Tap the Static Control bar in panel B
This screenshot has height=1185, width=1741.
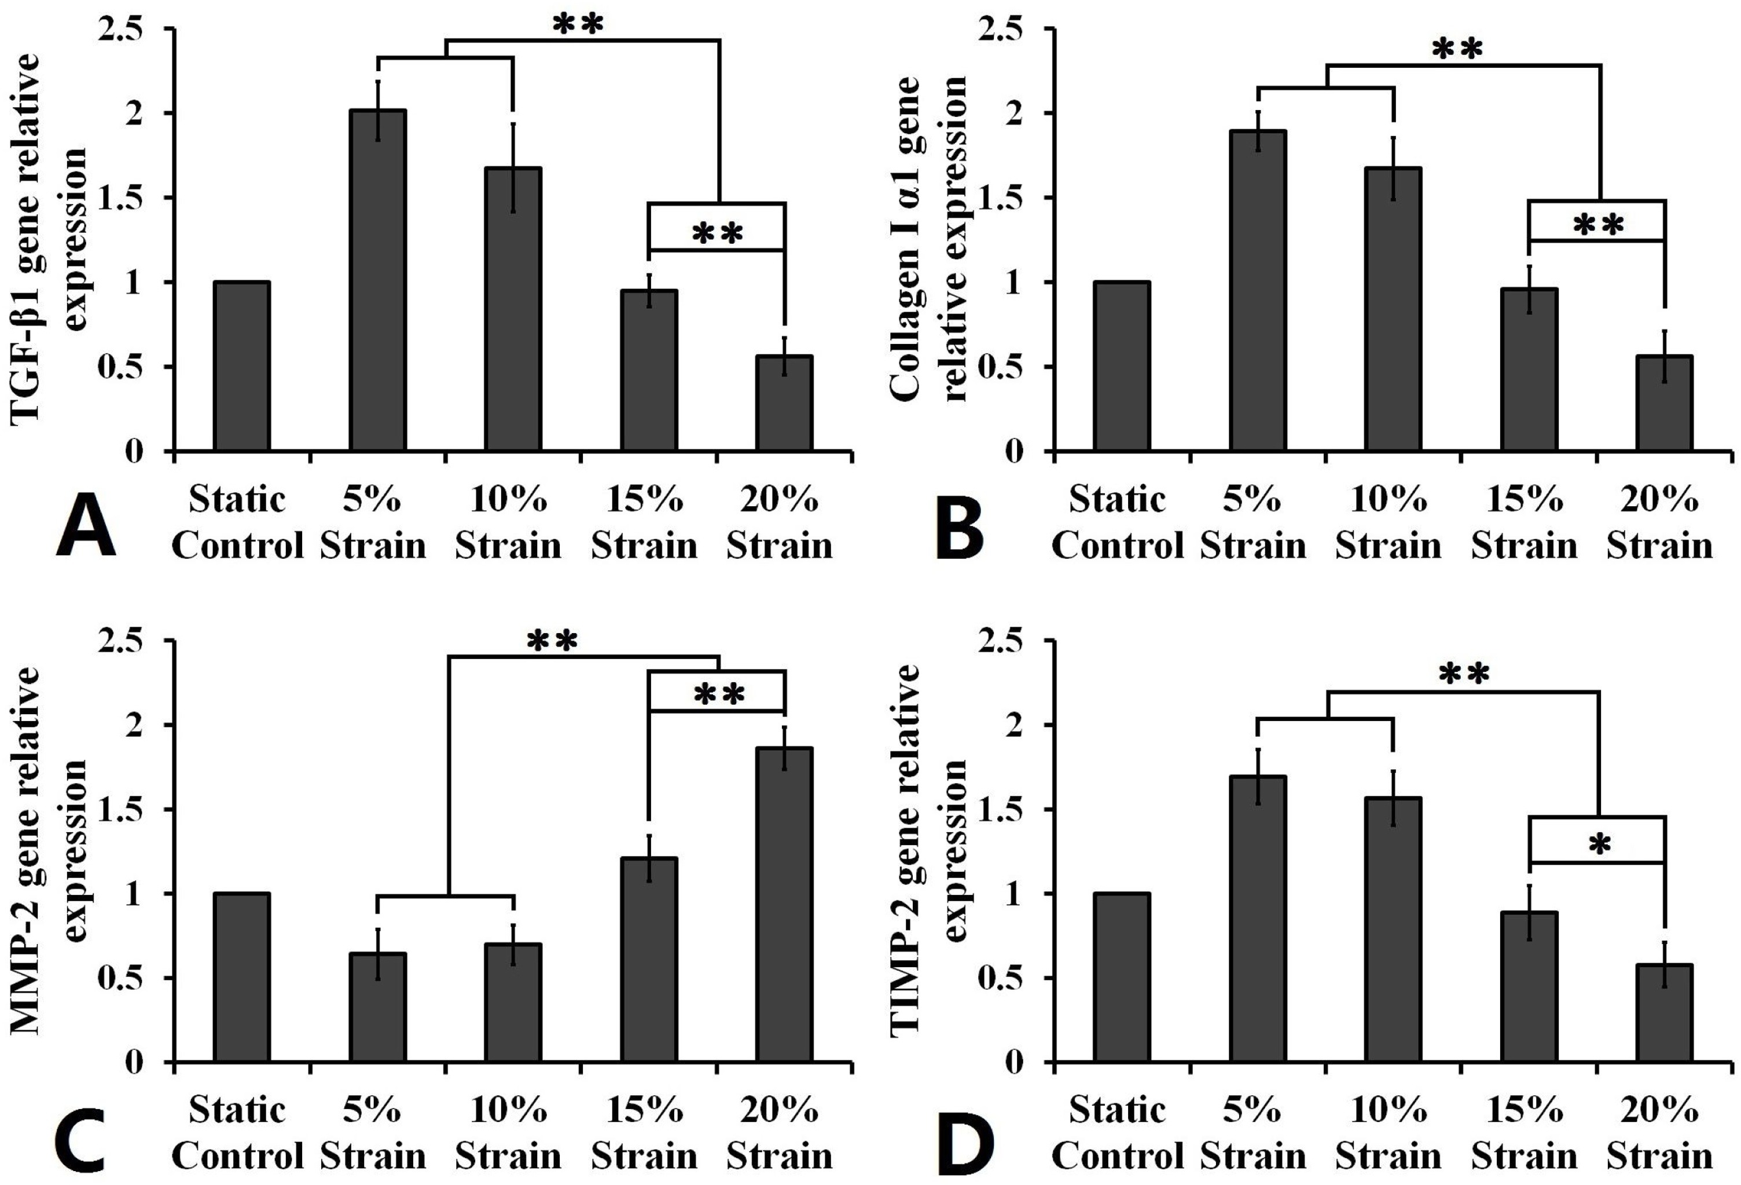[x=1122, y=367]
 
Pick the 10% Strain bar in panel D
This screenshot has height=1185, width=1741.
[x=1393, y=930]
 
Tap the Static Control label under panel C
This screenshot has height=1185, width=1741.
[x=237, y=1132]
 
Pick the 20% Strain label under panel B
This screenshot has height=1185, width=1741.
[x=1659, y=522]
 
